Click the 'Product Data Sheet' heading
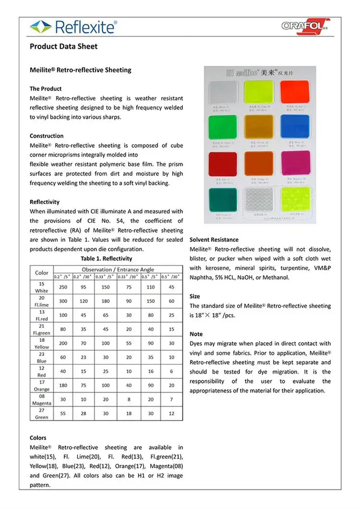click(63, 47)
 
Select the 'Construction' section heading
click(47, 136)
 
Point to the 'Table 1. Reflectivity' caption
click(106, 258)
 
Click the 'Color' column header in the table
click(42, 272)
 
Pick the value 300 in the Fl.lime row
click(62, 301)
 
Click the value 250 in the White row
click(62, 287)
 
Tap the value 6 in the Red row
click(172, 372)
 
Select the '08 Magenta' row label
click(42, 400)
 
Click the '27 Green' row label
click(42, 414)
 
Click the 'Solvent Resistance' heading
click(214, 240)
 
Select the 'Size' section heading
click(195, 296)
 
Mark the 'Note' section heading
click(196, 334)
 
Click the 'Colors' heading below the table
click(38, 437)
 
